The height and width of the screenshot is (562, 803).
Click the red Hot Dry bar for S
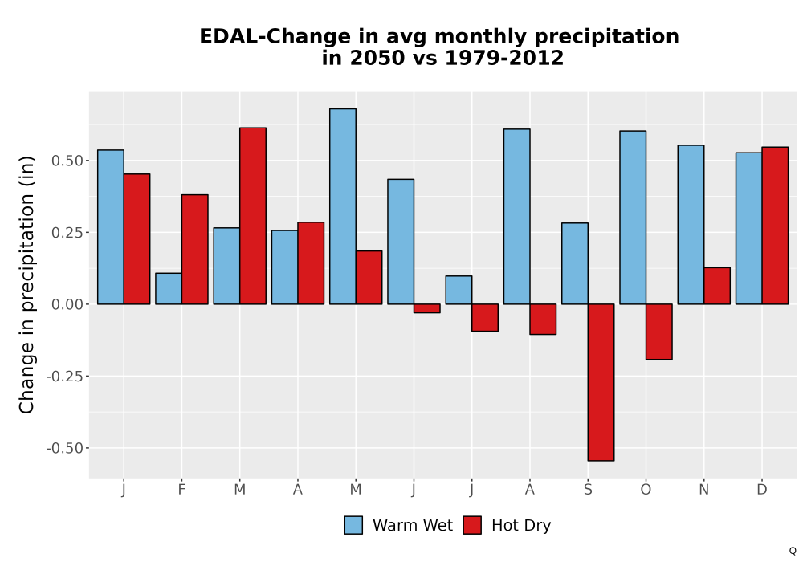tap(601, 382)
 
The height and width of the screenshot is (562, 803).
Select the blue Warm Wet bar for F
tap(169, 289)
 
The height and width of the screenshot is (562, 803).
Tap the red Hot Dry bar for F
tap(194, 249)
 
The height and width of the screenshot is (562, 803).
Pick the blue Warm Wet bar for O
tap(633, 218)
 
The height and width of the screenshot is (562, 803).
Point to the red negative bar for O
tap(659, 332)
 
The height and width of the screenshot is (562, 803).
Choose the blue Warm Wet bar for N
tap(691, 225)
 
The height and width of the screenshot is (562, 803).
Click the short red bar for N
tap(717, 286)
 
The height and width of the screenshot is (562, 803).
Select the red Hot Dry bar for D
tap(775, 226)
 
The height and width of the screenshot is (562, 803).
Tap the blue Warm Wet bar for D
tap(748, 228)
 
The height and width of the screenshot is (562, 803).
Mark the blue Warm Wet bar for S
tap(575, 263)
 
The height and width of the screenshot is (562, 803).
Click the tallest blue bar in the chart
tap(343, 206)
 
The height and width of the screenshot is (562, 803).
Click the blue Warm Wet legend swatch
tap(353, 525)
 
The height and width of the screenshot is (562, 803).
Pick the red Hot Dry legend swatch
tap(472, 525)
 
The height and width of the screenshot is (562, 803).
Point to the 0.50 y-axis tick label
tap(67, 161)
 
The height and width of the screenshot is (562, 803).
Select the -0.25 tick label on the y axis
tap(64, 377)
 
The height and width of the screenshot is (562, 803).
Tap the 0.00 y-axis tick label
tap(67, 304)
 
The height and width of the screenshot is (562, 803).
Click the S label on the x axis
tap(588, 490)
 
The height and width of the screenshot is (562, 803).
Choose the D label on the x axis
tap(762, 490)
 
